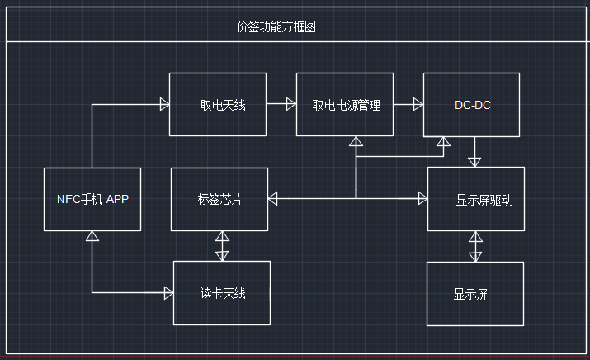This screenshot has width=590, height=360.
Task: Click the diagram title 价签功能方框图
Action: click(276, 27)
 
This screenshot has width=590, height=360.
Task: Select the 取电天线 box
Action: click(218, 104)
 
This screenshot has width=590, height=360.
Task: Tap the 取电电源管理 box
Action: click(346, 104)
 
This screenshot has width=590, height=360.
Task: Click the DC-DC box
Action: click(472, 104)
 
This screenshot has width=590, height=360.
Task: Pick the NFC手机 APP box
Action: click(92, 199)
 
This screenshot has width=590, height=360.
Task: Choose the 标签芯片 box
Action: click(219, 199)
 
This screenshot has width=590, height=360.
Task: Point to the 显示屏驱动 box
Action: click(476, 199)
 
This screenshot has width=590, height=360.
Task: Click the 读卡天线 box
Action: click(222, 293)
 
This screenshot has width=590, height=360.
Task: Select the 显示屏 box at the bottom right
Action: click(475, 293)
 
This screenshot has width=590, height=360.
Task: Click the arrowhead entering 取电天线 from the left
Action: click(163, 104)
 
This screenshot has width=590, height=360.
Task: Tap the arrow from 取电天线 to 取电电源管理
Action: click(281, 104)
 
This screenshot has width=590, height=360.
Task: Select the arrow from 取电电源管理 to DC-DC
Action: click(408, 104)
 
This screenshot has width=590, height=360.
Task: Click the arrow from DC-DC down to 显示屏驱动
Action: click(475, 152)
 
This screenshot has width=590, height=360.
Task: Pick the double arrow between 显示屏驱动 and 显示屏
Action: click(475, 246)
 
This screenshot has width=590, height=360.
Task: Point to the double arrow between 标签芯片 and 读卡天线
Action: click(222, 246)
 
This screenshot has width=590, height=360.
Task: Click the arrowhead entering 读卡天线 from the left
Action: click(168, 292)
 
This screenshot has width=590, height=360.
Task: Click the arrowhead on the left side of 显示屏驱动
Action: click(422, 198)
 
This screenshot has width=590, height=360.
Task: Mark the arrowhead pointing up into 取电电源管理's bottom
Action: click(356, 142)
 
